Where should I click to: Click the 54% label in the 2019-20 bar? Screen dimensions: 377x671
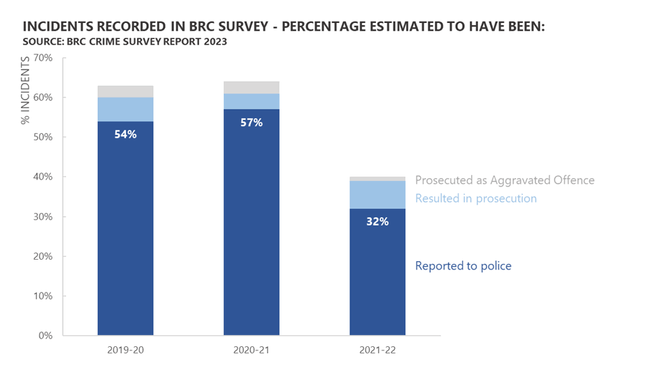click(125, 134)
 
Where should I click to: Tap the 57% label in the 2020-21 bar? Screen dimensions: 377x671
click(251, 122)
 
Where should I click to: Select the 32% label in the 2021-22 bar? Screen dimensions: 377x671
click(377, 221)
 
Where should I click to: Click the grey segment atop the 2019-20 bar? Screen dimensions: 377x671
click(125, 91)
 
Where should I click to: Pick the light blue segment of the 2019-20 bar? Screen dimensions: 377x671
click(125, 109)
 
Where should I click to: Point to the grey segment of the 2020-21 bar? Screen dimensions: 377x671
click(251, 87)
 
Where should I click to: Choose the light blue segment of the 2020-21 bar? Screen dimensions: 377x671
click(251, 101)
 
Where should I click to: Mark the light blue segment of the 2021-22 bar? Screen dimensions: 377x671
click(377, 195)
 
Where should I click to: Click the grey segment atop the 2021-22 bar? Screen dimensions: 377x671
click(377, 179)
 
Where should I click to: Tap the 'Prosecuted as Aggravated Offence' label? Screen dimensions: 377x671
click(505, 180)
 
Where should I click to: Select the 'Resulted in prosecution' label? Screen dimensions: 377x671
click(476, 198)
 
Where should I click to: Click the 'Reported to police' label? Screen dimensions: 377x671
click(463, 266)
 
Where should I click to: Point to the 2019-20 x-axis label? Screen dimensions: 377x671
click(125, 350)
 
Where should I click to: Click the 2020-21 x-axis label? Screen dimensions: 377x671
click(251, 350)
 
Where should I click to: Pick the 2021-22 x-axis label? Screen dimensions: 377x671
click(377, 350)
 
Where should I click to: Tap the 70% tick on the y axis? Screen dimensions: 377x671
click(43, 58)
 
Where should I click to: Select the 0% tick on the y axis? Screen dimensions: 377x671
click(46, 336)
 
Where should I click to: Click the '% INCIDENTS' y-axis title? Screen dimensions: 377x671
click(26, 91)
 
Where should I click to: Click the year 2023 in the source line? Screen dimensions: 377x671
click(214, 42)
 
